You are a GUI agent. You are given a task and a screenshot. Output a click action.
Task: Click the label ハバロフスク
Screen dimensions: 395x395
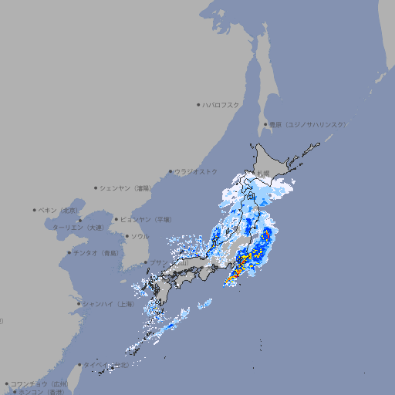(221, 104)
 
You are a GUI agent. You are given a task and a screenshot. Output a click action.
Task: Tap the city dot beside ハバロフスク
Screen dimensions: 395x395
(198, 104)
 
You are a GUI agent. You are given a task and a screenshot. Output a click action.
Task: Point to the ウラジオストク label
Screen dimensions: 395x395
(196, 171)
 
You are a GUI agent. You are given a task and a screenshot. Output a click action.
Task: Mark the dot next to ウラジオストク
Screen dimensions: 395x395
(170, 172)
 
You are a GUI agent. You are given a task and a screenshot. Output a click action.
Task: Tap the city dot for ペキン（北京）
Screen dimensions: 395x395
(35, 210)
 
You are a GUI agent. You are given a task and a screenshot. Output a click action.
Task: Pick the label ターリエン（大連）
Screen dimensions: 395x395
(77, 228)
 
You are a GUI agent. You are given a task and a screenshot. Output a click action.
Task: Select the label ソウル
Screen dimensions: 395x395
(140, 236)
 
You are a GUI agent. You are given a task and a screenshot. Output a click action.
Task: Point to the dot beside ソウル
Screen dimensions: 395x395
(126, 236)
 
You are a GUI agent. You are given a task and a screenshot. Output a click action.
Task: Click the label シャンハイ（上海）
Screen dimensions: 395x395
(108, 304)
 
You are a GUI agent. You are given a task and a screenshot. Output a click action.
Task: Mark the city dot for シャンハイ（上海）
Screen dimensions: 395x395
(79, 304)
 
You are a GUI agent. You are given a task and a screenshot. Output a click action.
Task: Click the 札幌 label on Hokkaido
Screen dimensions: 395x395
(263, 172)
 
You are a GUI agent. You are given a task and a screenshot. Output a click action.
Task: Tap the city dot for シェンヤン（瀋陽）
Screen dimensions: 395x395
(96, 187)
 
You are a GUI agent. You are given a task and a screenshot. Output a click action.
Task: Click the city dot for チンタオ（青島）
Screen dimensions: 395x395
(69, 252)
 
